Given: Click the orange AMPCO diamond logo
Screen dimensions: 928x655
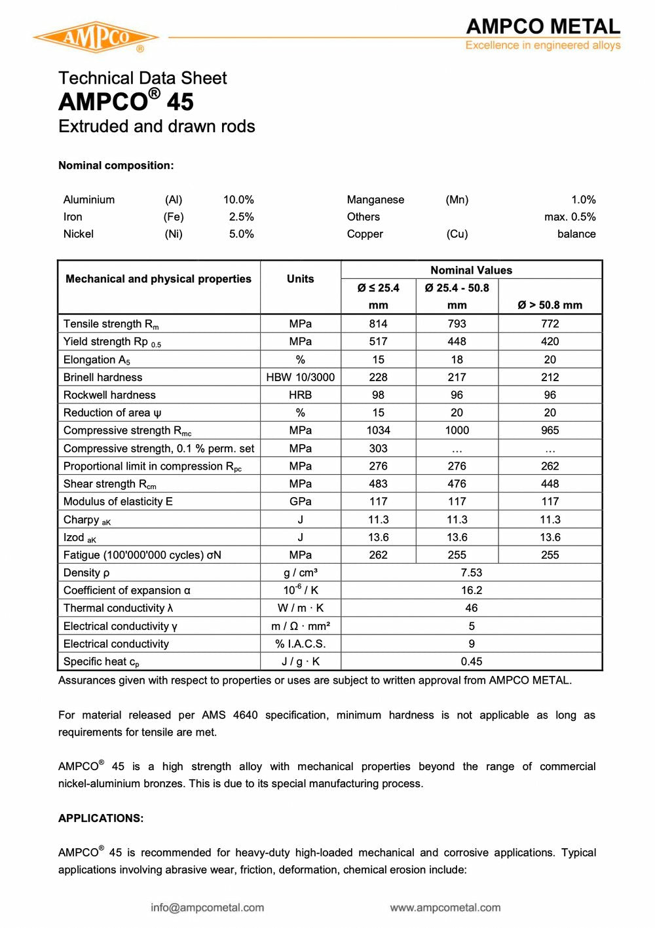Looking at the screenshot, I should point(96,37).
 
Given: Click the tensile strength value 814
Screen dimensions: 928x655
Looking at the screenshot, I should point(378,324).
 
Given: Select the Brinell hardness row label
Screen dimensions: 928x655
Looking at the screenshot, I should point(103,377).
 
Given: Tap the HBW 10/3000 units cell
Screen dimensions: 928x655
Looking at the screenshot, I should point(300,377).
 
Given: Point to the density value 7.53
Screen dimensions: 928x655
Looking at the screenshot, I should point(471,572).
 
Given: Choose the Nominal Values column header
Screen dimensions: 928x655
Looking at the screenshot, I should point(471,270).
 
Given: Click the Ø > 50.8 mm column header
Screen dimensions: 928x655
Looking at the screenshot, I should point(550,305).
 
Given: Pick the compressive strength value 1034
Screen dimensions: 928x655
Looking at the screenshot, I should point(378,430).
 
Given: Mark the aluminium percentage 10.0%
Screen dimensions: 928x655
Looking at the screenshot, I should point(238,200).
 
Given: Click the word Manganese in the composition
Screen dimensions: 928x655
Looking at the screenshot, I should point(375,200).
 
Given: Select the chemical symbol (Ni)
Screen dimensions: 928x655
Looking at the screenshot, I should point(174,234).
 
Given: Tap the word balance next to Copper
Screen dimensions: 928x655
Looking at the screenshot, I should point(576,234).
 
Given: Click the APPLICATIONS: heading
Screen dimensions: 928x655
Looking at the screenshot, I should point(101,818).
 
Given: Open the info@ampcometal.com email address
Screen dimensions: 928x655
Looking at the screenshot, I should point(207,908).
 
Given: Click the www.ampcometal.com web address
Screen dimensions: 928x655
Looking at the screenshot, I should point(445,908).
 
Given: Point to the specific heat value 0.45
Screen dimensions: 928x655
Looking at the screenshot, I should point(471,661).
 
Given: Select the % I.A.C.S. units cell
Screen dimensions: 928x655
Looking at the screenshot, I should point(300,644).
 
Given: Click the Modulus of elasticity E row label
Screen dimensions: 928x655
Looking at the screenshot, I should point(118,502).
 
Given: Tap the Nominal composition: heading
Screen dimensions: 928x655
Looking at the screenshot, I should point(116,165).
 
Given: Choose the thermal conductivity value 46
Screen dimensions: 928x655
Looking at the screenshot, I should point(471,608).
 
